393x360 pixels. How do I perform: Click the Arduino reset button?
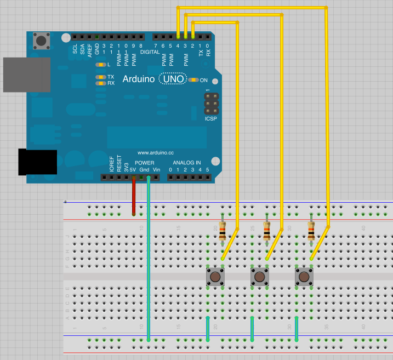[41, 40]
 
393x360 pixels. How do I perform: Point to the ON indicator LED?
[194, 80]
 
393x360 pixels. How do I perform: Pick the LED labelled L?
[100, 65]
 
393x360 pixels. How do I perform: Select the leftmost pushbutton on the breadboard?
[215, 277]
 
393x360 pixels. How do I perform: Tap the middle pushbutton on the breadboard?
[259, 277]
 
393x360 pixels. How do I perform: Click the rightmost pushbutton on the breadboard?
[304, 277]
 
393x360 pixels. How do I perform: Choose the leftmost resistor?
[222, 232]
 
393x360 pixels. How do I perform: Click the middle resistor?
[266, 232]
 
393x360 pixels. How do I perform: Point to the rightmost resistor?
[311, 232]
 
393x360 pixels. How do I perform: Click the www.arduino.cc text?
[155, 152]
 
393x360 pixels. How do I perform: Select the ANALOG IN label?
[187, 163]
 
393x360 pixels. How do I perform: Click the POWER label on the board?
[144, 163]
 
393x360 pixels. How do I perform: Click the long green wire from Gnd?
[149, 258]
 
